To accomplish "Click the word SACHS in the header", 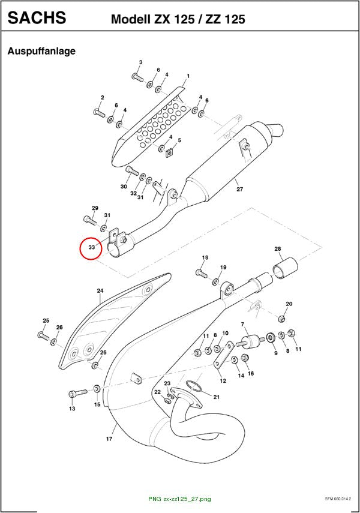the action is coord(37,17).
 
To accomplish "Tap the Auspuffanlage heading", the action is coord(41,51).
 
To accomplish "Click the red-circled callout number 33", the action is coord(92,247).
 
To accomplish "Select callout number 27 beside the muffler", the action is coord(240,189).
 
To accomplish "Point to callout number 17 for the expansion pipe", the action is coord(109,439).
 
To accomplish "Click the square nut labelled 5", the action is coord(170,152).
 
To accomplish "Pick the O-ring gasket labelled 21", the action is coord(194,386).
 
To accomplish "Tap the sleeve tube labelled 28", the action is coord(286,267).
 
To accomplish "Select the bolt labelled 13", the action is coord(78,392).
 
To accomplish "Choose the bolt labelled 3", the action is coord(139,77).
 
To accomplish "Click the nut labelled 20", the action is coord(281,319).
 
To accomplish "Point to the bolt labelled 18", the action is coord(201,273).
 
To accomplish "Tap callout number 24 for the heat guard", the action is coord(100,290).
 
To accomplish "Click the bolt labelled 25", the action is coord(43,335).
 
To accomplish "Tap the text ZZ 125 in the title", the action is coord(225,19).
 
